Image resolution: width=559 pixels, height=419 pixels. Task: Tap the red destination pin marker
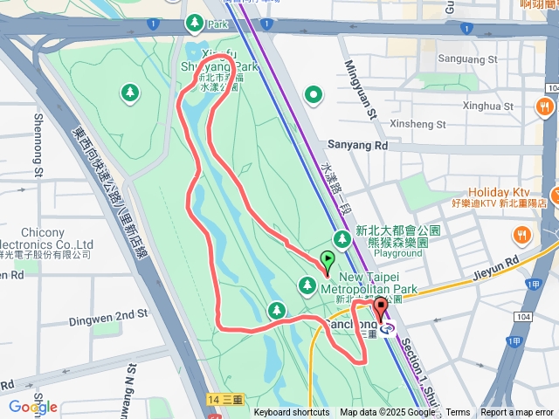[x=380, y=311]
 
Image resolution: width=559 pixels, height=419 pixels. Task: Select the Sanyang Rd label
[x=356, y=145]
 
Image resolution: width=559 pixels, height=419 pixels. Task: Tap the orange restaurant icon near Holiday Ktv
[x=521, y=233]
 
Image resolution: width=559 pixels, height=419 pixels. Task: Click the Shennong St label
[x=38, y=143]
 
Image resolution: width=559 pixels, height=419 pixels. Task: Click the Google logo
[x=32, y=407]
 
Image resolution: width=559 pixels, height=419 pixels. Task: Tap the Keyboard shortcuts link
[x=292, y=413]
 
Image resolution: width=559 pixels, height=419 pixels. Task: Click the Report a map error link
[x=517, y=413]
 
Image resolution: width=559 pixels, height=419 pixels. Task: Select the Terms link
[x=458, y=413]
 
